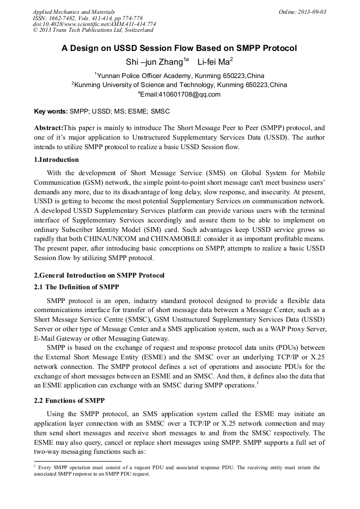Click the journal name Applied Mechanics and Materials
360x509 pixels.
[74, 12]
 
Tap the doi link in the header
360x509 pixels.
[94, 24]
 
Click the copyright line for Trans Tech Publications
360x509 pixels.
[93, 30]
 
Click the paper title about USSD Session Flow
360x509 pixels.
[179, 48]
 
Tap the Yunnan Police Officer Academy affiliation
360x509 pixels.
[179, 76]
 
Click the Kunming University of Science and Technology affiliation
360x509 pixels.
[179, 85]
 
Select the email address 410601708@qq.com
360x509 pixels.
[181, 94]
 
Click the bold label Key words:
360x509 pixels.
[50, 112]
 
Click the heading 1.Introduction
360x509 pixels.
[56, 160]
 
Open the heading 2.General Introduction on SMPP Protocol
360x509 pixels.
[99, 275]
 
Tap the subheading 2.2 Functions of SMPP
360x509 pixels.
[69, 400]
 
